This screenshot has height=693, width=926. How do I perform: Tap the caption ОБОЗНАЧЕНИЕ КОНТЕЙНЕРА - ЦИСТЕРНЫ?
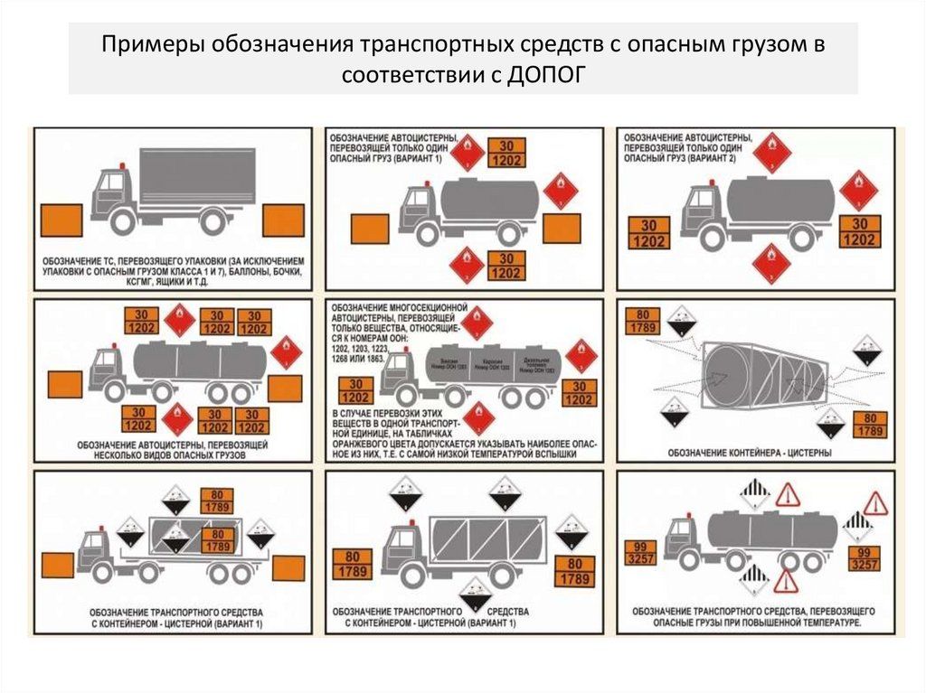(x=751, y=452)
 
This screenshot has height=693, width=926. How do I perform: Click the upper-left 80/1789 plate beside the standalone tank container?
(x=648, y=322)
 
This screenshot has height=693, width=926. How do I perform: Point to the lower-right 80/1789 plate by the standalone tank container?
(x=869, y=424)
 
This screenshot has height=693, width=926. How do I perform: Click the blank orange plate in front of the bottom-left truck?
(x=56, y=562)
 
